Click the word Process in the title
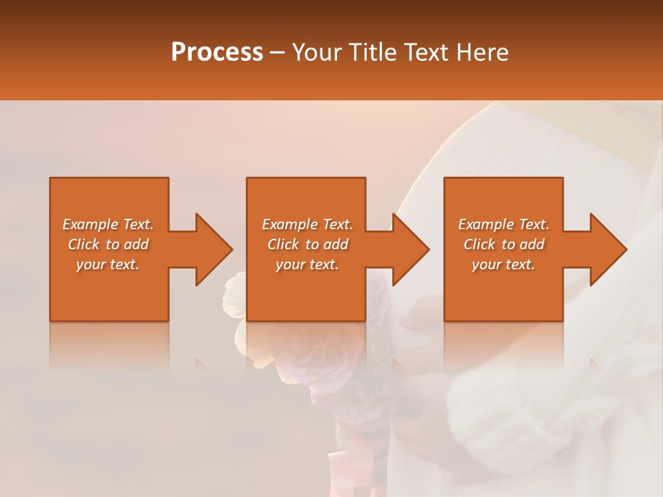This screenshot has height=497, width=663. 217,52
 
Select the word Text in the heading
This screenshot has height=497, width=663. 427,52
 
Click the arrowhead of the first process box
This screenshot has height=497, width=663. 213,249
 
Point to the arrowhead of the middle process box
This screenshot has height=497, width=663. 410,249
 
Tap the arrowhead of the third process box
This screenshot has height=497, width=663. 607,249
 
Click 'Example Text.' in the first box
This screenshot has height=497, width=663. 108,224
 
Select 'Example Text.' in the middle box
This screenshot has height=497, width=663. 307,224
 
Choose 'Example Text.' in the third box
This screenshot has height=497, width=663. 503,224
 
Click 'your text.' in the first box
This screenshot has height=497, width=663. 108,264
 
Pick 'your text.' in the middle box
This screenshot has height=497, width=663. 307,264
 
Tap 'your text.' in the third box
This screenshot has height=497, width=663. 503,264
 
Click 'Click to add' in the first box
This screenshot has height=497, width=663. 108,244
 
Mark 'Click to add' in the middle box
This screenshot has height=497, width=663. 307,244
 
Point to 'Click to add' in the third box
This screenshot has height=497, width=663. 503,244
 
